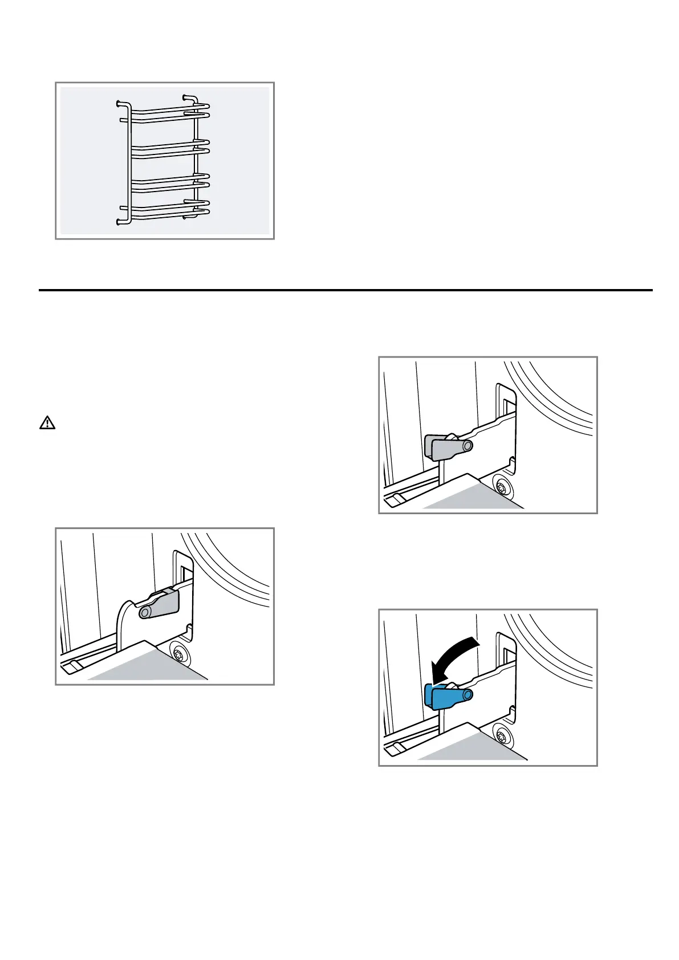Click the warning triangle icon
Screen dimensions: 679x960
[47, 423]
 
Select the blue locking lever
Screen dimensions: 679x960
[444, 697]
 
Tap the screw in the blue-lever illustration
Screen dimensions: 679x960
[502, 734]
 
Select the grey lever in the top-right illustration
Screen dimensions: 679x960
[444, 448]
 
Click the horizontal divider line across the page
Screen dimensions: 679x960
[345, 290]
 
